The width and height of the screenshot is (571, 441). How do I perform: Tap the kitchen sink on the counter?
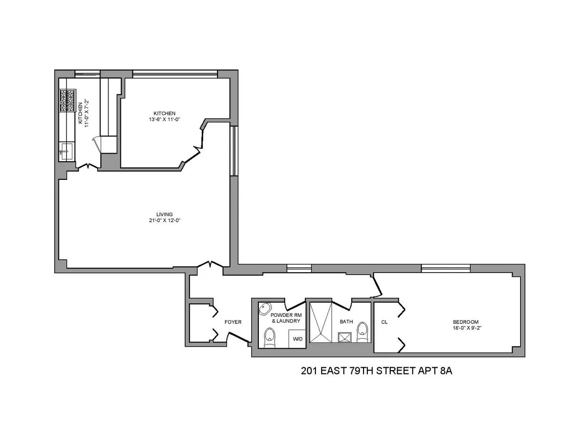[x=65, y=152]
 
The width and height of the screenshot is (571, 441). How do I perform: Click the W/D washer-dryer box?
[x=297, y=339]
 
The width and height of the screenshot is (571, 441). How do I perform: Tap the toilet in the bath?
[x=363, y=332]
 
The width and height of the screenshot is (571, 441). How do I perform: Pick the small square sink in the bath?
[x=344, y=338]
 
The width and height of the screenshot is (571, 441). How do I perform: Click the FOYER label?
[x=233, y=322]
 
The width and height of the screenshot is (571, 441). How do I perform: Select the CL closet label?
[x=384, y=322]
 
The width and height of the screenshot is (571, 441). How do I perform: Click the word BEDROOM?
[x=465, y=322]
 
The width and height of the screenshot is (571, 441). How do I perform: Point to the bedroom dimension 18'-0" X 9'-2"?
[x=465, y=328]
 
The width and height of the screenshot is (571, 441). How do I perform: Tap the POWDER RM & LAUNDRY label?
[x=285, y=318]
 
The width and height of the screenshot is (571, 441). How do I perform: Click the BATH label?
[x=346, y=322]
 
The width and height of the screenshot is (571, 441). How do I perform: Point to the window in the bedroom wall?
[x=445, y=268]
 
